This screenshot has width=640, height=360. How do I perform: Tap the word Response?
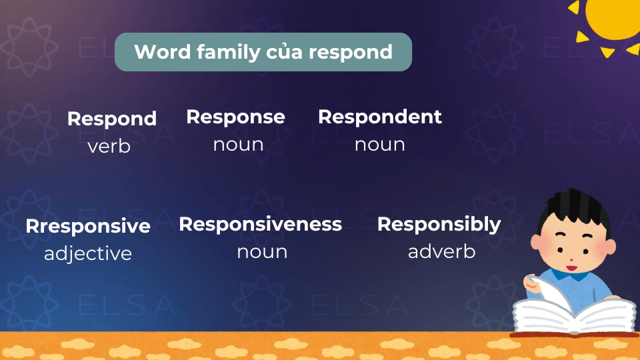(235, 118)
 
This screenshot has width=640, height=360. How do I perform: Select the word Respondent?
(379, 117)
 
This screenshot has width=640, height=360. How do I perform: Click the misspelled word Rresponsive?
(88, 227)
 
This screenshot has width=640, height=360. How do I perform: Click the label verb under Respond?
(109, 146)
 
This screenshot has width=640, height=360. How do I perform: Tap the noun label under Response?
(239, 145)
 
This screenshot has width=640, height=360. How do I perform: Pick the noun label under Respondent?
(379, 145)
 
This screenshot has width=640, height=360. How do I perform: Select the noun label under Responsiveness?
(262, 252)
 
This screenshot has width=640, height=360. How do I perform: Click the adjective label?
(88, 254)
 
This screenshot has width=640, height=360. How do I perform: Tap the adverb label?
(441, 251)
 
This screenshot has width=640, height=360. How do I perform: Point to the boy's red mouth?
(571, 268)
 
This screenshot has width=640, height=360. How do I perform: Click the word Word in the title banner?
(163, 52)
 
